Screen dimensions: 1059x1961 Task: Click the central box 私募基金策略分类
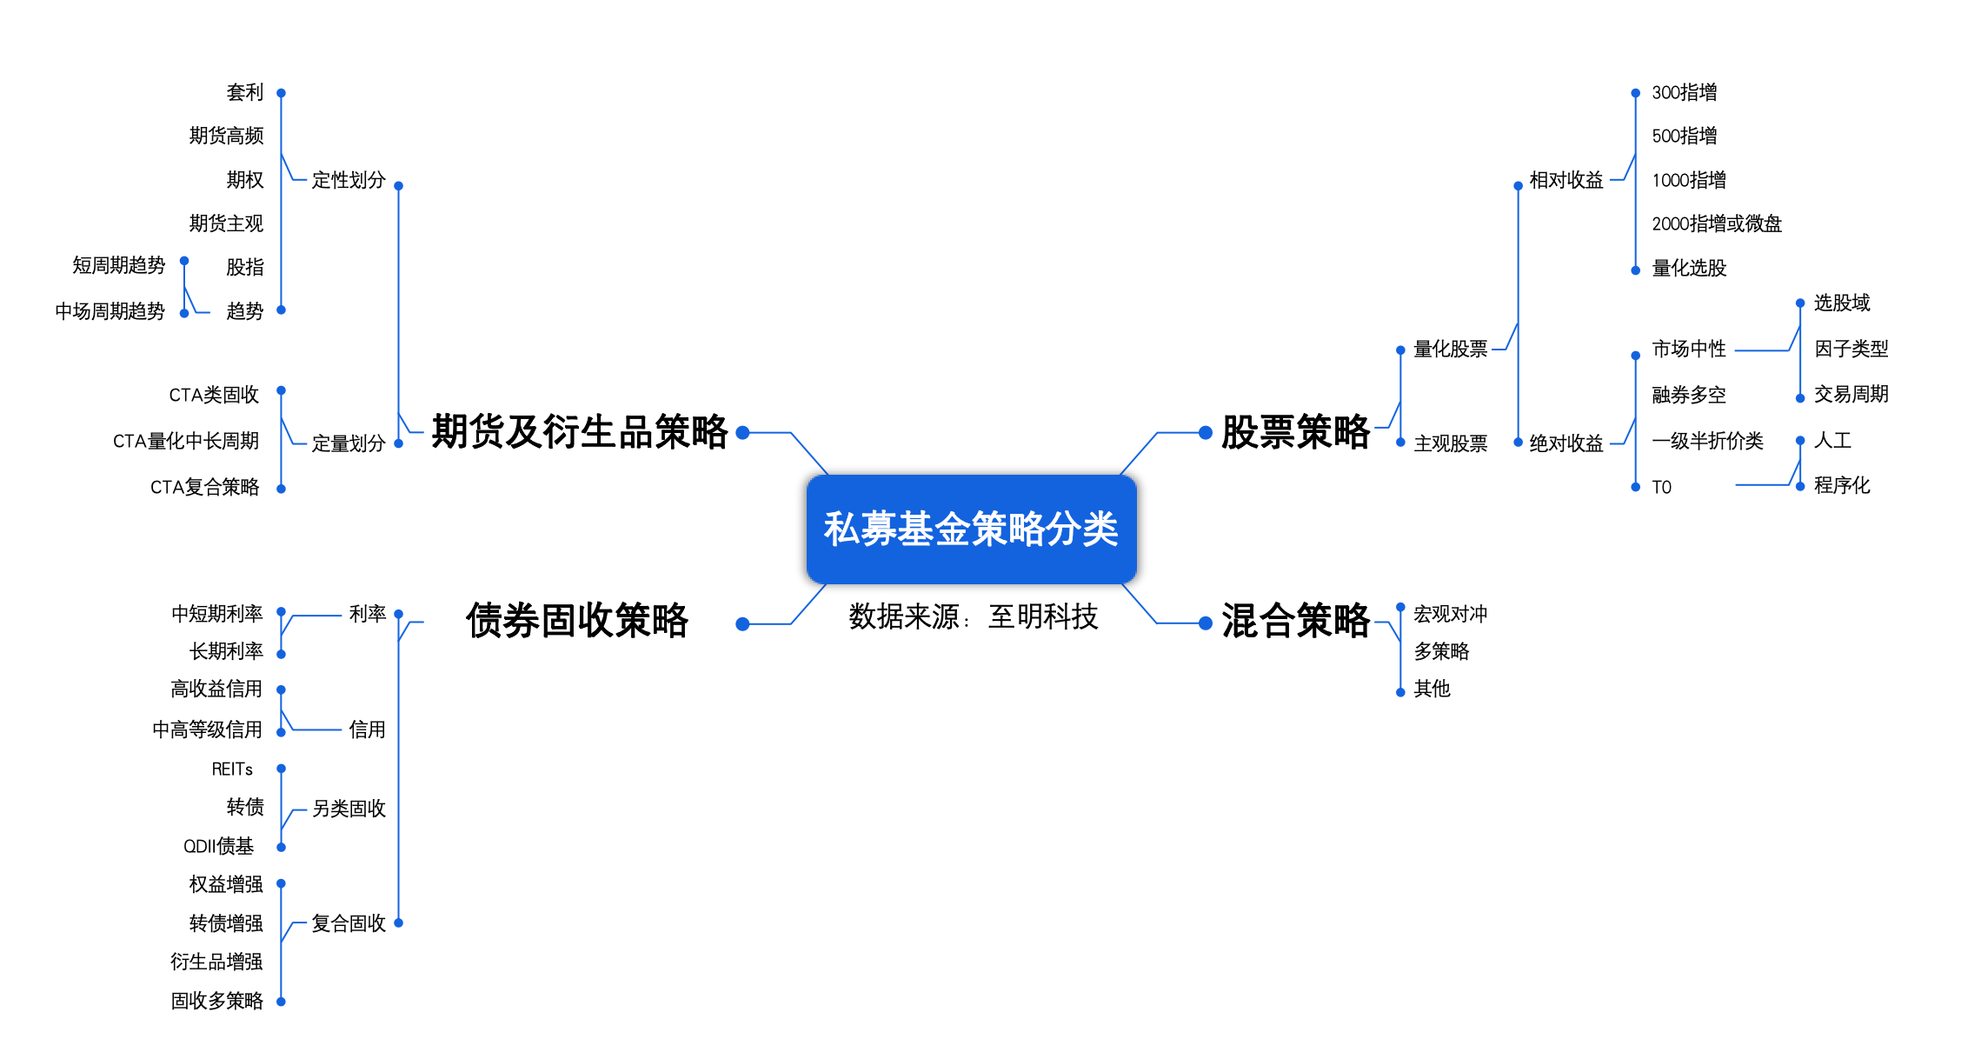pyautogui.click(x=971, y=529)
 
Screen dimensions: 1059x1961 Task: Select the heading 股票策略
pyautogui.click(x=1295, y=432)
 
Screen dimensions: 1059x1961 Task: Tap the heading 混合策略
pyautogui.click(x=1295, y=621)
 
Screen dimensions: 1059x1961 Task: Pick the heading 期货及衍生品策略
pyautogui.click(x=580, y=432)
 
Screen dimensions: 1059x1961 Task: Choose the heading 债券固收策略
pyautogui.click(x=577, y=621)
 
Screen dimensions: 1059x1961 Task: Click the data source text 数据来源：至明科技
pyautogui.click(x=973, y=616)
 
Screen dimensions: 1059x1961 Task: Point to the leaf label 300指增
pyautogui.click(x=1684, y=92)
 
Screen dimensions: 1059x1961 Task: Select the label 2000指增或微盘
pyautogui.click(x=1716, y=223)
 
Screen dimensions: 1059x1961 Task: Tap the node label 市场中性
pyautogui.click(x=1688, y=349)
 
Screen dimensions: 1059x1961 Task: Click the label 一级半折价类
pyautogui.click(x=1707, y=441)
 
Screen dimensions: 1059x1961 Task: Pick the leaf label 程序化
pyautogui.click(x=1841, y=485)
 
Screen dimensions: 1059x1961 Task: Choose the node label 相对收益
pyautogui.click(x=1565, y=180)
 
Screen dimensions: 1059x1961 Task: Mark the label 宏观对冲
pyautogui.click(x=1450, y=614)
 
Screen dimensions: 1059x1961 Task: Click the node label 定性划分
pyautogui.click(x=349, y=180)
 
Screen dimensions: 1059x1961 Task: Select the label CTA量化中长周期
pyautogui.click(x=186, y=441)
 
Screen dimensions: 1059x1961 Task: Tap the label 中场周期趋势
pyautogui.click(x=110, y=311)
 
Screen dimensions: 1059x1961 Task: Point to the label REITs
pyautogui.click(x=232, y=769)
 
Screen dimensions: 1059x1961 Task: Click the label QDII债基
pyautogui.click(x=218, y=846)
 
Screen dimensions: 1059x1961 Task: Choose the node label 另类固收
pyautogui.click(x=349, y=809)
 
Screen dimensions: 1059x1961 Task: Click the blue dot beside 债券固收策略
pyautogui.click(x=742, y=623)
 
